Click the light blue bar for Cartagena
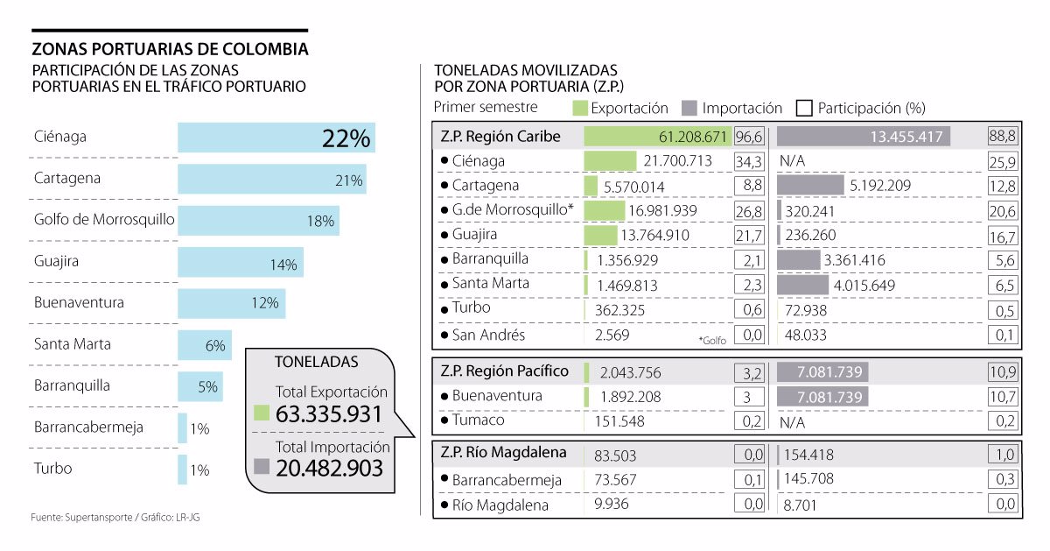pyautogui.click(x=271, y=179)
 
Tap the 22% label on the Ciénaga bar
pyautogui.click(x=346, y=138)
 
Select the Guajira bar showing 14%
pyautogui.click(x=240, y=262)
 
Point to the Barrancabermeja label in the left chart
pyautogui.click(x=88, y=427)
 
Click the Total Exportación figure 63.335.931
pyautogui.click(x=329, y=414)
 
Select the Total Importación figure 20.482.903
pyautogui.click(x=329, y=469)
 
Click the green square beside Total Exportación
pyautogui.click(x=261, y=413)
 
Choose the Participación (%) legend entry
pyautogui.click(x=861, y=109)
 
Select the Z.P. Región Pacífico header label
pyautogui.click(x=504, y=371)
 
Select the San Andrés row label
pyautogui.click(x=489, y=335)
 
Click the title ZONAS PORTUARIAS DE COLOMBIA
pyautogui.click(x=170, y=48)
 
